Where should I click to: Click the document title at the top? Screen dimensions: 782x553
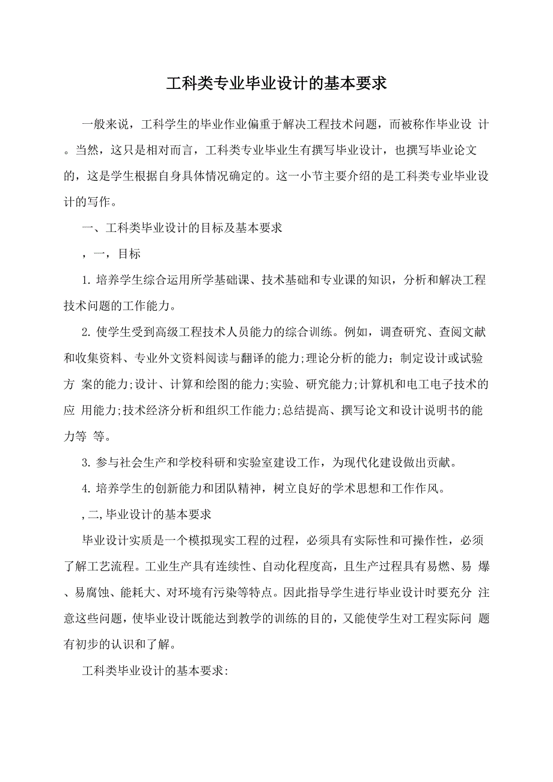(x=276, y=84)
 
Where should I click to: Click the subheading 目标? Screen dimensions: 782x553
(x=129, y=254)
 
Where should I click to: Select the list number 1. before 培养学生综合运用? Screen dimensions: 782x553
(x=86, y=281)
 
